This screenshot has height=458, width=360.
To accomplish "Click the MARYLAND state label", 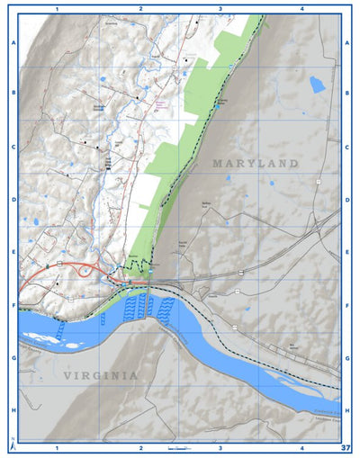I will (255, 164).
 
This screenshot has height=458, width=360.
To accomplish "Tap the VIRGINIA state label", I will (101, 375).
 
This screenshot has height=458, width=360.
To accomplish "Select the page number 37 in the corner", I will (346, 447).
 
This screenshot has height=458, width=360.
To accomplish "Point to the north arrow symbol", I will (12, 445).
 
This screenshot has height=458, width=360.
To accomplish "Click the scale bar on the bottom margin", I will (181, 447).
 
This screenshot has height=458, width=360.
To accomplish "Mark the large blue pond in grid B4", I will (317, 85).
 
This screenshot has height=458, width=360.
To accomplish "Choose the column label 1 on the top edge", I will (57, 8).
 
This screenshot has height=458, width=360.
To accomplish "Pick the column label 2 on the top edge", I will (140, 8).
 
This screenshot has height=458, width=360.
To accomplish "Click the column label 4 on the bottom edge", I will (301, 447).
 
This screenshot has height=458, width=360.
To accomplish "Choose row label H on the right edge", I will (347, 410).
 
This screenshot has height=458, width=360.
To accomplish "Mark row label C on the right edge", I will (347, 147).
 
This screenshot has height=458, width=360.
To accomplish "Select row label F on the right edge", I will (347, 305).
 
